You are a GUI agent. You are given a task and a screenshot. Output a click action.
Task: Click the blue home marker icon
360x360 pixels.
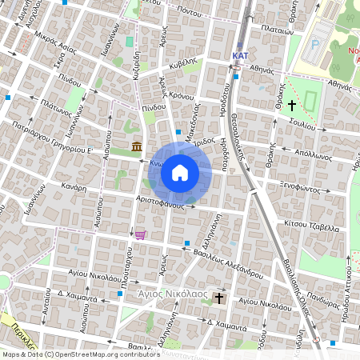(x=180, y=172)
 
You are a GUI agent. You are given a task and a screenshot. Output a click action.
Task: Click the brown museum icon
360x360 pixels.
(x=138, y=146)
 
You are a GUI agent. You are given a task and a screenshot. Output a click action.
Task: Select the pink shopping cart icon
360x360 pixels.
(x=141, y=234)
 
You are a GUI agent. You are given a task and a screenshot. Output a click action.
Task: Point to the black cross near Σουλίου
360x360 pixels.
(x=292, y=105)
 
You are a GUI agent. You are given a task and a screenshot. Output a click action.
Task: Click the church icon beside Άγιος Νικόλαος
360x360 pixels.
(x=219, y=297)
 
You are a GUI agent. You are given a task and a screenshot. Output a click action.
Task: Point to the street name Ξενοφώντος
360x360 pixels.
(x=308, y=190)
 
